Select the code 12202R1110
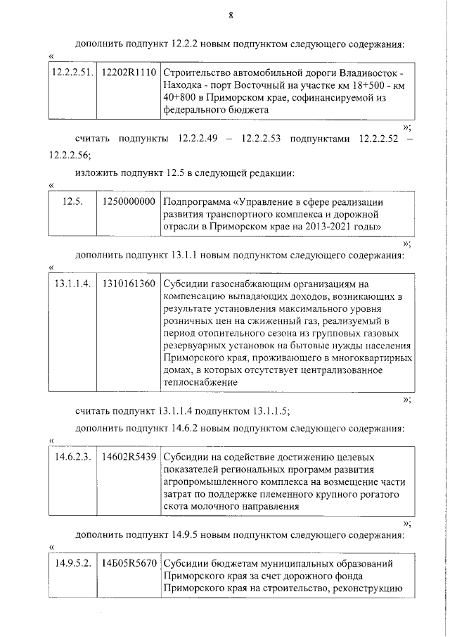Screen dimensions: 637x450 [129, 74]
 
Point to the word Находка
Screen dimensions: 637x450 [183, 87]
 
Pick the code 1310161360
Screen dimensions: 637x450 [129, 284]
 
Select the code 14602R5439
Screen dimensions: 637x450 [129, 456]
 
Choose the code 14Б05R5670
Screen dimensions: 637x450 [129, 564]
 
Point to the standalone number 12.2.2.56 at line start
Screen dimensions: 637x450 [69, 153]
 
